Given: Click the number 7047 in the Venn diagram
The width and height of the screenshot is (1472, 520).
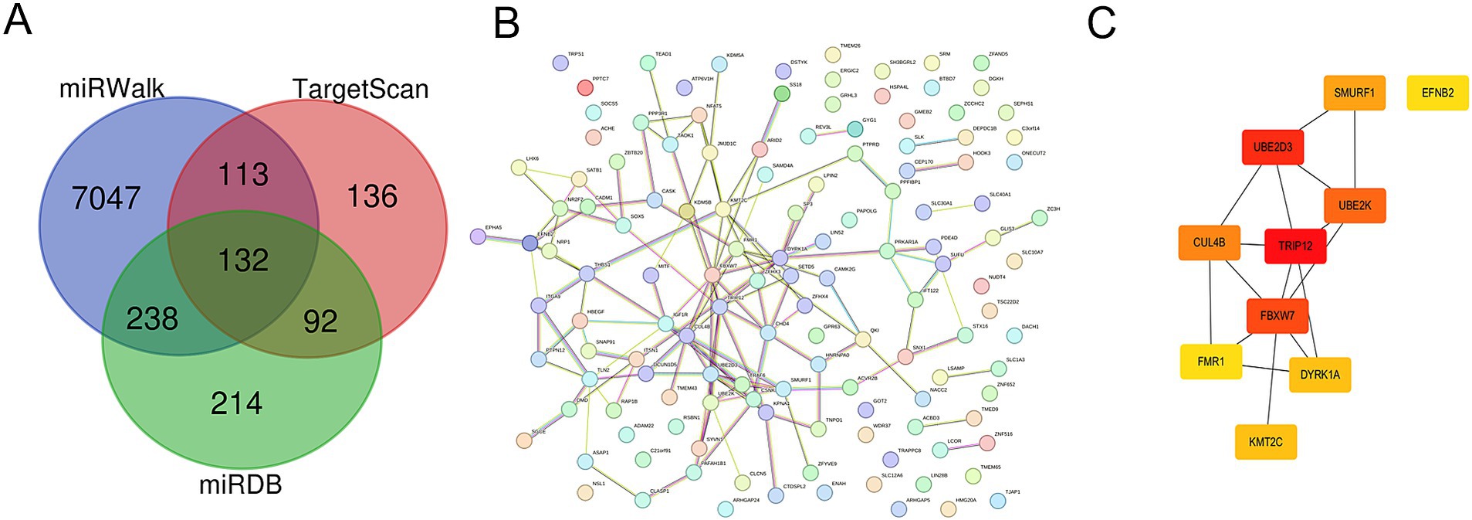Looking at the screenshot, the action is tap(106, 199).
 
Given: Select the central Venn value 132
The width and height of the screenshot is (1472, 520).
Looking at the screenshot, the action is tap(243, 260).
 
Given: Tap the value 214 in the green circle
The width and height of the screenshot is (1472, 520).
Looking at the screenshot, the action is tap(236, 403).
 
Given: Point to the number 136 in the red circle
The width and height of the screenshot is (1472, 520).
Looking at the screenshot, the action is tap(372, 197).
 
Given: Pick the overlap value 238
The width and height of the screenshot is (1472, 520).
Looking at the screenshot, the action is tap(152, 319).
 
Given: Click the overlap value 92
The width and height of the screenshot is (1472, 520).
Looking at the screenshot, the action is tap(320, 321).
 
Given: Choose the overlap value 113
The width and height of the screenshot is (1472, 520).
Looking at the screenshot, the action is tap(243, 175).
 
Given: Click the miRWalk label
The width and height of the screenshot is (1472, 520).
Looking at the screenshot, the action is tap(112, 89).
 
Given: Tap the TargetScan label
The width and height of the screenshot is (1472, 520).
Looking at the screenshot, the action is tap(360, 90).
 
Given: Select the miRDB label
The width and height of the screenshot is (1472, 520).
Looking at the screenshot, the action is tap(240, 484).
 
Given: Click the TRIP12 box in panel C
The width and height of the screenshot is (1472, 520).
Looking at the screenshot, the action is tap(1294, 246).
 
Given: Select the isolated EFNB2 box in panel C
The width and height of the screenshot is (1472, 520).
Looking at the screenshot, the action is tap(1437, 93).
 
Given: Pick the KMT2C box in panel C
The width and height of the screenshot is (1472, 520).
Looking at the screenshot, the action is tap(1265, 442).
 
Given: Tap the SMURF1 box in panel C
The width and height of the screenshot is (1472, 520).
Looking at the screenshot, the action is tap(1354, 93).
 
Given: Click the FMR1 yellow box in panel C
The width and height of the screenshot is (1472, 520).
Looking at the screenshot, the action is tap(1210, 362).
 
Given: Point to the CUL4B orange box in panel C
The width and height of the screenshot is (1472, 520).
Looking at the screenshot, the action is tap(1209, 243).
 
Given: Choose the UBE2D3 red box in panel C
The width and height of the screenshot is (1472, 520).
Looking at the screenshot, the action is tap(1272, 147).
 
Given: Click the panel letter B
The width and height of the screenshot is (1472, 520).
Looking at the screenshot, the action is tap(506, 23).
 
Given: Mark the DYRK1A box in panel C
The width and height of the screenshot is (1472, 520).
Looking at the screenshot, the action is tap(1319, 375).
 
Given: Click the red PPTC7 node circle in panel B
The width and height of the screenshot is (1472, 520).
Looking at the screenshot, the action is tap(585, 87).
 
